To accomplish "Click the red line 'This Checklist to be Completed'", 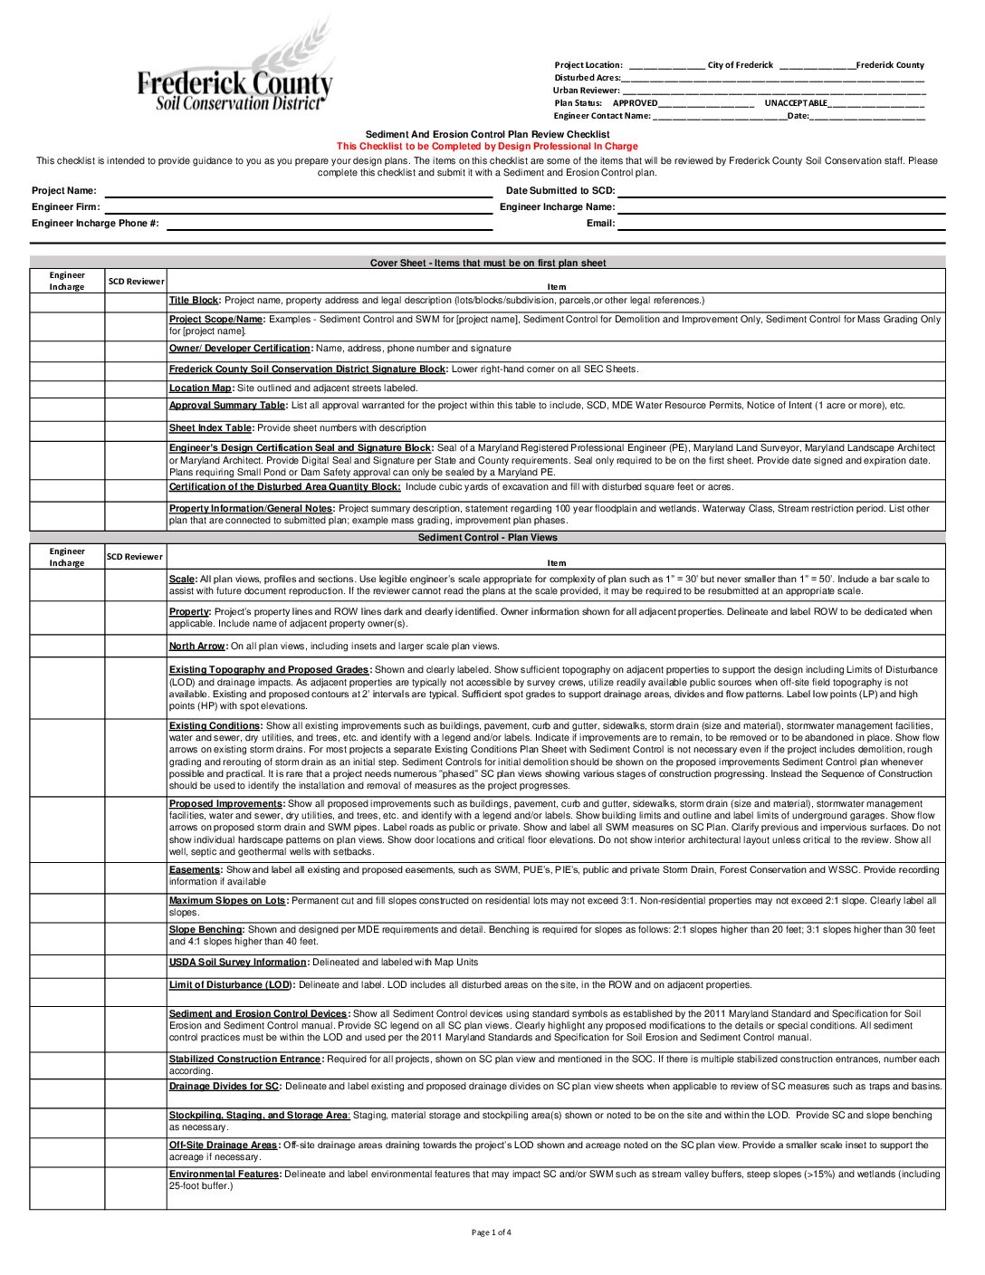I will click(x=487, y=146).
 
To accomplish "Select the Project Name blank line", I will click(x=299, y=191).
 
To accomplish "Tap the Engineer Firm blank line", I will click(x=299, y=207).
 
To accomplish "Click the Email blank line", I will click(x=781, y=224).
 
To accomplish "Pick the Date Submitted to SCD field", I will click(x=781, y=191).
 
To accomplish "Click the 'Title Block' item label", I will click(x=194, y=301).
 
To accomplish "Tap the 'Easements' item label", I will click(x=195, y=870).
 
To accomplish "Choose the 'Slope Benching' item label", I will click(x=206, y=930).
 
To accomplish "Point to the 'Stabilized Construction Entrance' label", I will click(x=245, y=1059).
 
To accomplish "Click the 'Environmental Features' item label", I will click(x=225, y=1174).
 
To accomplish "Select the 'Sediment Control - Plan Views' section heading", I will click(x=487, y=538).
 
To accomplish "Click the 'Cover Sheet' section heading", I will click(x=487, y=264).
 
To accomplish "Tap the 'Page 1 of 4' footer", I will click(x=492, y=1232).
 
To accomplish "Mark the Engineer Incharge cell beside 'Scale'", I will click(x=67, y=585).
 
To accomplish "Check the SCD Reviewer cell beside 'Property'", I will click(x=136, y=618).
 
